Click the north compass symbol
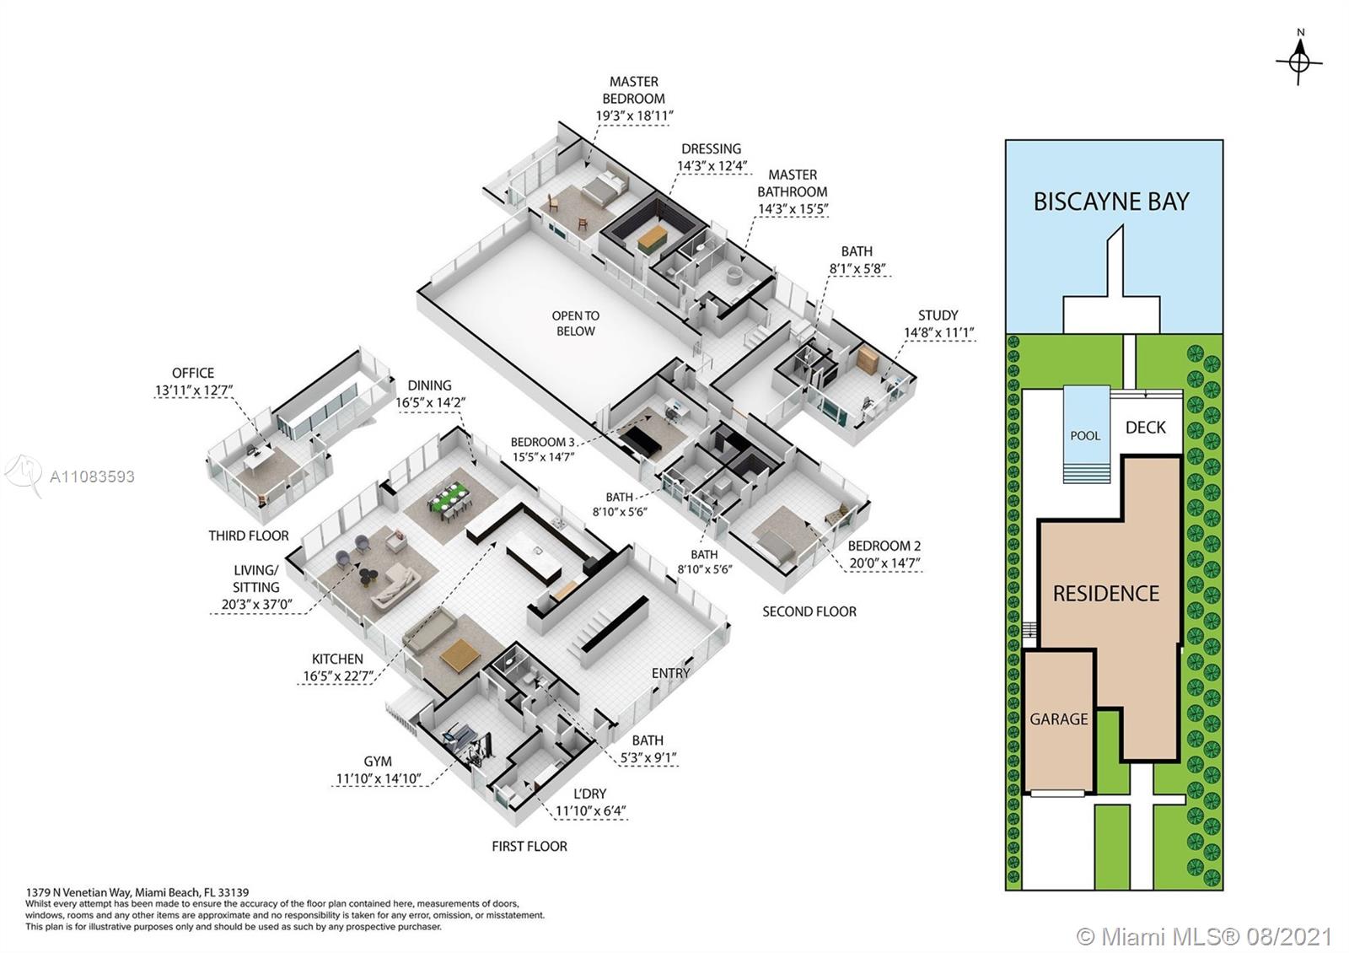[1299, 62]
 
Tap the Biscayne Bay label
[1111, 202]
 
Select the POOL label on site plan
[1085, 436]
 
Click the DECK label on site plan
[1146, 428]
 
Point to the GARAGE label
[1059, 719]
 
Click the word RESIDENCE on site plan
[1106, 594]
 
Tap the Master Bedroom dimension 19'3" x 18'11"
[634, 116]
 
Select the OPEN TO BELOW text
[575, 323]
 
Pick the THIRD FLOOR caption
[249, 536]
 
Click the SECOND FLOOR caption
[809, 611]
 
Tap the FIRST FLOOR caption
[529, 846]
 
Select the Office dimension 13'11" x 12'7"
[193, 390]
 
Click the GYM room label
[378, 762]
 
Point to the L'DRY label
[589, 794]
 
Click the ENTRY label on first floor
[670, 673]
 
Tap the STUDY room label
[938, 315]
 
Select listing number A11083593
[92, 476]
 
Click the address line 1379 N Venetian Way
[137, 891]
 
